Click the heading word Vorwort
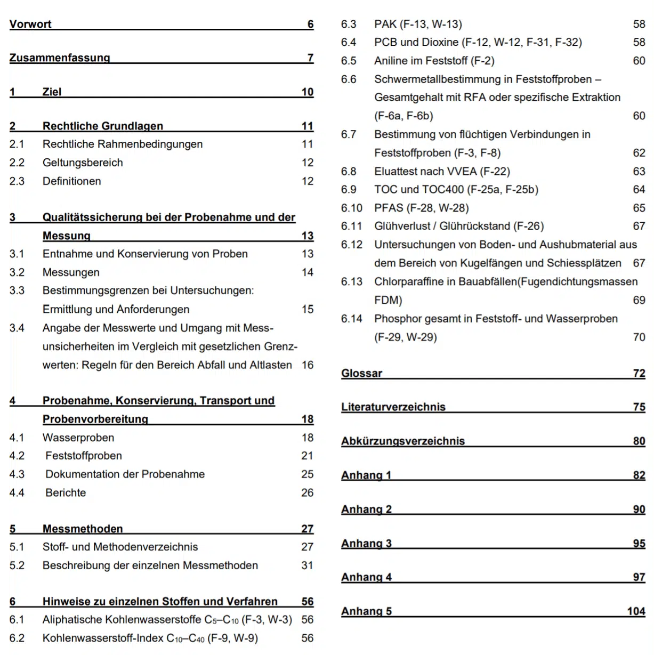30,24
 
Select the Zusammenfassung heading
60,58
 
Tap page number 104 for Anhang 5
636,611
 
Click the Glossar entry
361,373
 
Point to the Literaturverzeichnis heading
393,407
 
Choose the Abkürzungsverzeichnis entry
402,441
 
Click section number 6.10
351,208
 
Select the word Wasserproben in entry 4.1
78,438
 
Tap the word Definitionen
71,181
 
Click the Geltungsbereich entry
83,163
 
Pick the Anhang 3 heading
366,544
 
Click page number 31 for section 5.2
307,565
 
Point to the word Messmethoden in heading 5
83,529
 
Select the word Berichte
66,493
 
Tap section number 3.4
17,328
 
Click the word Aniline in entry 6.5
391,61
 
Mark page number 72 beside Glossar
639,373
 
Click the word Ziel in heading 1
52,92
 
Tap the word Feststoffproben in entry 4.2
84,456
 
